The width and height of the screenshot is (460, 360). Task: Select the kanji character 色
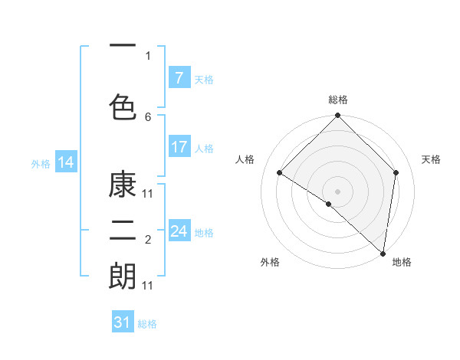[x=123, y=104]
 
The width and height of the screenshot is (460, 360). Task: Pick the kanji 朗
[x=123, y=277]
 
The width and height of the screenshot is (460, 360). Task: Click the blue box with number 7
[x=179, y=78]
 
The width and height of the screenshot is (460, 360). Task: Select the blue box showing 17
[x=179, y=147]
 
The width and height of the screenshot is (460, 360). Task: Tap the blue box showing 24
[x=179, y=231]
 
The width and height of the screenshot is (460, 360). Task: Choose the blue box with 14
[x=66, y=162]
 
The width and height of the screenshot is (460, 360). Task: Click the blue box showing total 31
[x=123, y=322]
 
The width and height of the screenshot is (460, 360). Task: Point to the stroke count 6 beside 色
[x=148, y=116]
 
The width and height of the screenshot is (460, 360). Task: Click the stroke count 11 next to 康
[x=148, y=193]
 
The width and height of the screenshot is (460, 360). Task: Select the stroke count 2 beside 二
[x=148, y=241]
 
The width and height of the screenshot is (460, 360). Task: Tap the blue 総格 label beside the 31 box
[x=147, y=324]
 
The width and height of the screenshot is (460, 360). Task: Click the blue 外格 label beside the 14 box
[x=41, y=163]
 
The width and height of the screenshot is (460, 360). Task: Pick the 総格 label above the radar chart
[x=338, y=100]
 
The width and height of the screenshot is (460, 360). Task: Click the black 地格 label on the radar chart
[x=402, y=263]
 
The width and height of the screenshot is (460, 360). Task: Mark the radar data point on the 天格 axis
[x=396, y=172]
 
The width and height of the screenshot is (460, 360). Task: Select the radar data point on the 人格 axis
[x=280, y=172]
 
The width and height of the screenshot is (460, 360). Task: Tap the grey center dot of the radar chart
[x=338, y=191]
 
